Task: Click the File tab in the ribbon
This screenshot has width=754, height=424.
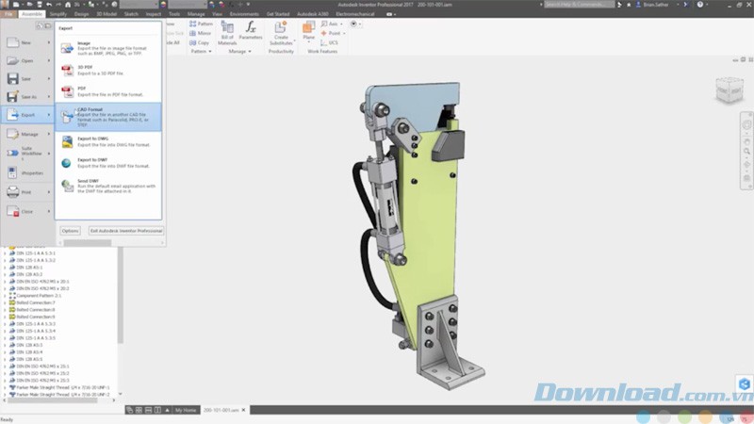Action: point(8,14)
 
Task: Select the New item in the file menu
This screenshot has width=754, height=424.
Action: point(25,42)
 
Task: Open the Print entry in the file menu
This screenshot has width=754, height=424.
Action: point(25,191)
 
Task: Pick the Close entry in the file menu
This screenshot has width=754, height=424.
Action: point(25,211)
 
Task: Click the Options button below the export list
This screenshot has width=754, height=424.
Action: point(71,230)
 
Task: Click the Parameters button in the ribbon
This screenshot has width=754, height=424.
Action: point(251,32)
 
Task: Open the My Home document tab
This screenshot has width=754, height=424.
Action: point(186,411)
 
